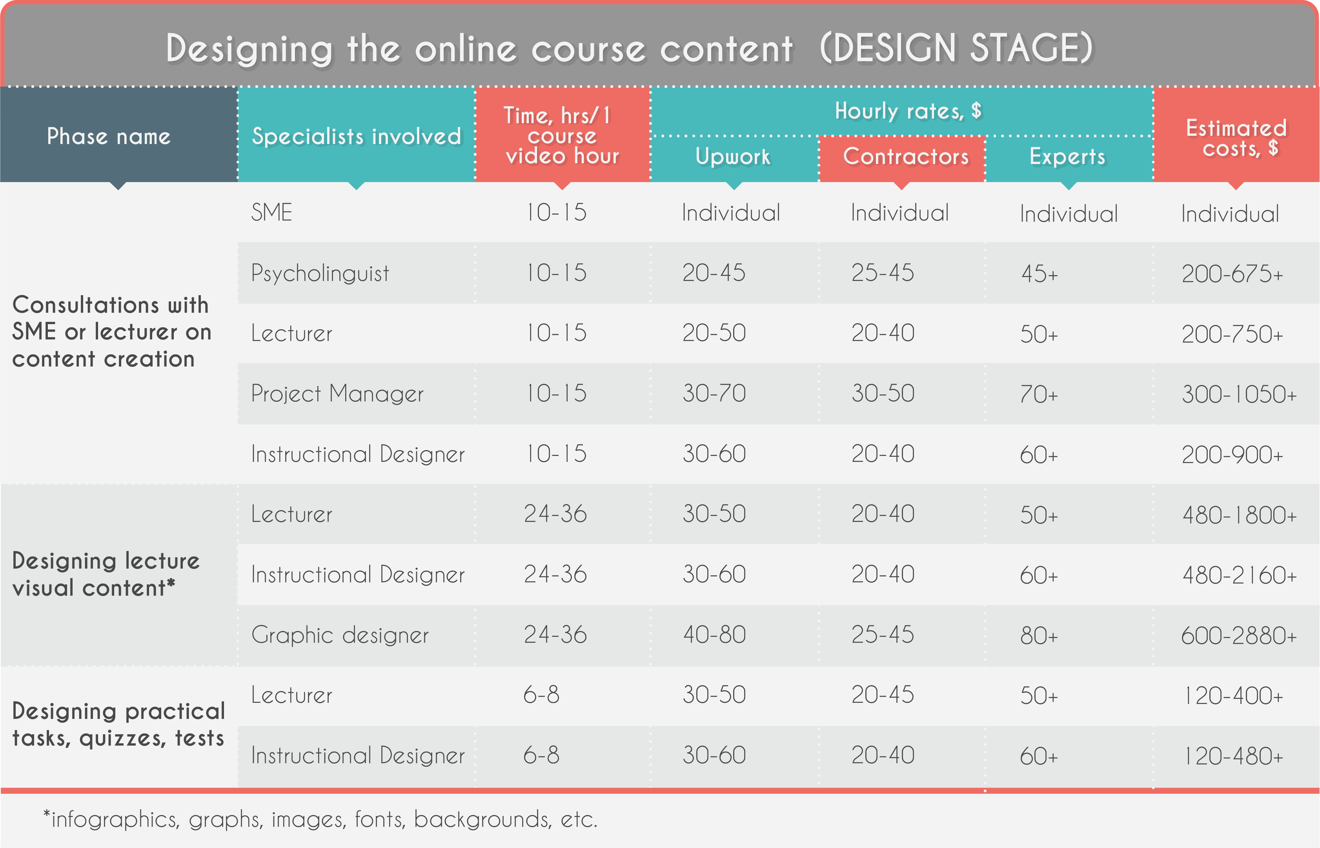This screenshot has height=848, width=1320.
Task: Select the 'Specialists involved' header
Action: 356,136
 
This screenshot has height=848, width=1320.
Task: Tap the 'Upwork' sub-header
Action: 733,157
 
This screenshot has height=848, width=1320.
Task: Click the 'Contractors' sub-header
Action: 905,157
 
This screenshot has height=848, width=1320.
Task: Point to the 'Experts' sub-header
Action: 1067,157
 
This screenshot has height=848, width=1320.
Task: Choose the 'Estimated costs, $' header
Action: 1236,138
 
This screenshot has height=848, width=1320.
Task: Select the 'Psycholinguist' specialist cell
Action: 320,274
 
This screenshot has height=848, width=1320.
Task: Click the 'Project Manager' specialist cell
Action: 337,394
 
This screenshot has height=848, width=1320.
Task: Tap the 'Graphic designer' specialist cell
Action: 340,635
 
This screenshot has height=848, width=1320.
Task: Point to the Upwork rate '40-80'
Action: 714,635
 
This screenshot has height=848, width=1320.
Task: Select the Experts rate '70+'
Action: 1039,395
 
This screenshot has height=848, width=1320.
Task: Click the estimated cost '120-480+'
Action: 1234,756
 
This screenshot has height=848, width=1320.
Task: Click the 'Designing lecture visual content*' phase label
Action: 106,574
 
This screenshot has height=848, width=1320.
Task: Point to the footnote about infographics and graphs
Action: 320,820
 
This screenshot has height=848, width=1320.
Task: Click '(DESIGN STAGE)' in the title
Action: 956,48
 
